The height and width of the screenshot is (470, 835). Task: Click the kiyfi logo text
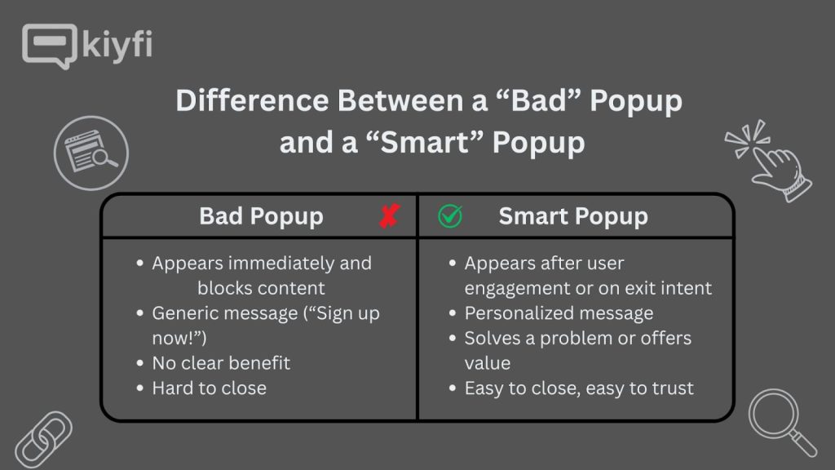pyautogui.click(x=117, y=45)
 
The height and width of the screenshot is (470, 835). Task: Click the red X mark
pyautogui.click(x=390, y=215)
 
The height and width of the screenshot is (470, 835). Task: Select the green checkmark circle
pyautogui.click(x=450, y=215)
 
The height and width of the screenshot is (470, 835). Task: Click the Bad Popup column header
pyautogui.click(x=261, y=216)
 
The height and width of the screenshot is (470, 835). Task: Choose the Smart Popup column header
pyautogui.click(x=573, y=216)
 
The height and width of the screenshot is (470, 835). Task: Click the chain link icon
pyautogui.click(x=43, y=440)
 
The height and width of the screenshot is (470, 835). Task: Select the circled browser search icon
pyautogui.click(x=91, y=153)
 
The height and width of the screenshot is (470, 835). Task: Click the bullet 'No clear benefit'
pyautogui.click(x=221, y=363)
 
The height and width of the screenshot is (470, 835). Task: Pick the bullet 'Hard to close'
pyautogui.click(x=210, y=388)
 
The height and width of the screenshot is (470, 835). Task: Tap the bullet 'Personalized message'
pyautogui.click(x=559, y=313)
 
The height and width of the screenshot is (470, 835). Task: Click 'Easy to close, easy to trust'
pyautogui.click(x=579, y=388)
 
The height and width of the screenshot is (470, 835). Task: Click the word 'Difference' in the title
pyautogui.click(x=253, y=100)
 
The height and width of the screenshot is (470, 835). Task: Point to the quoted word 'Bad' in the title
pyautogui.click(x=539, y=100)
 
